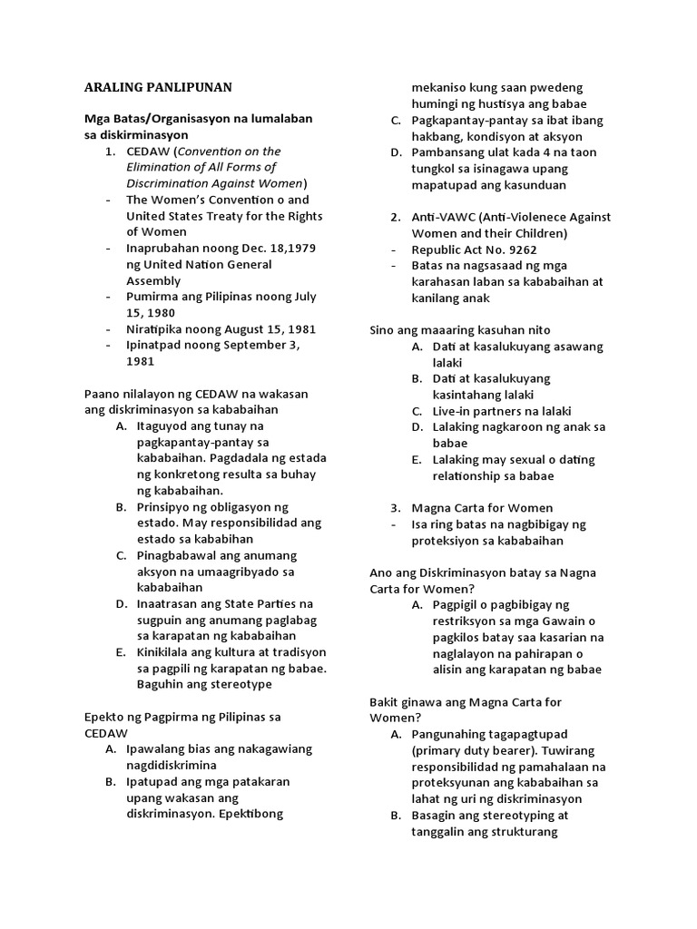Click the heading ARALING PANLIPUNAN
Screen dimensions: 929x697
(x=158, y=87)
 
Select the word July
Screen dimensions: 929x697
(x=306, y=296)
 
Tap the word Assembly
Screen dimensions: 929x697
(x=156, y=280)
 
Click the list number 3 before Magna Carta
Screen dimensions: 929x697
(x=395, y=508)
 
